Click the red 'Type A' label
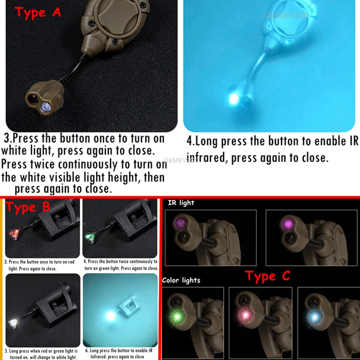37,12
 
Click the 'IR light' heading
181,202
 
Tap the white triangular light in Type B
13,323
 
